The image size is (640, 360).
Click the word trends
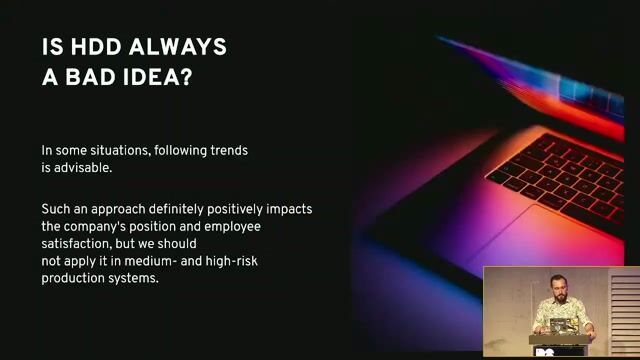(x=226, y=151)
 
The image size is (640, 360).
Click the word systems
(x=134, y=278)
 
